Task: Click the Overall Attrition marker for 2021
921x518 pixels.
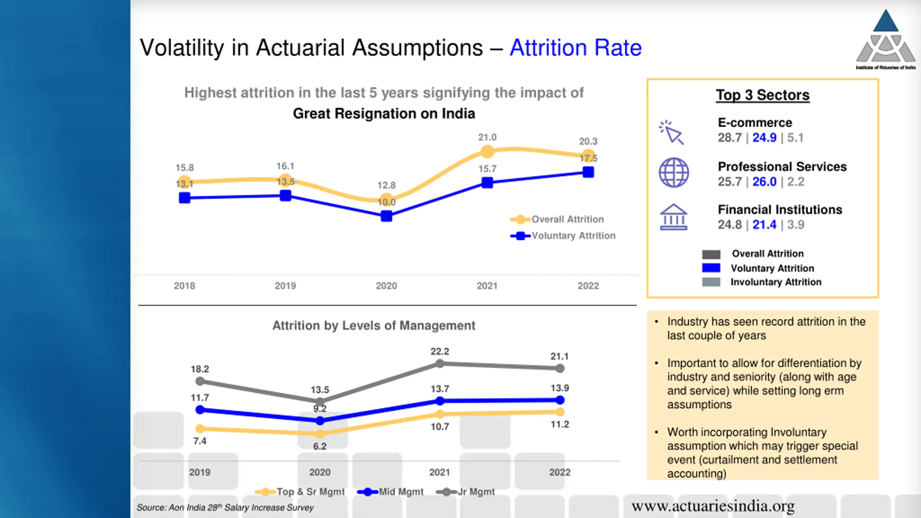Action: (x=487, y=152)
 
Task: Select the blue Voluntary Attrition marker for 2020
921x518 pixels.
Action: (x=386, y=216)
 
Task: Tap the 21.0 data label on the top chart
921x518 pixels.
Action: (x=487, y=137)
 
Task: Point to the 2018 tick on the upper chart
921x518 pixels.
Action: (x=184, y=286)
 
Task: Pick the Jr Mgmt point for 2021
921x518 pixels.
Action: (x=440, y=364)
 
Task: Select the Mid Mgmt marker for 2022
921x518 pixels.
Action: (x=560, y=400)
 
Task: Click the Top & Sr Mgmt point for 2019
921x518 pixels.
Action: (x=200, y=428)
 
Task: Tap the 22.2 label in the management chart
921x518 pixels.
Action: (x=440, y=351)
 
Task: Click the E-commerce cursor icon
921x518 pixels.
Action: (x=672, y=133)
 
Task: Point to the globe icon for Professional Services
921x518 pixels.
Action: (x=674, y=173)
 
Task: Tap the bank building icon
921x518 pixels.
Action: (x=673, y=217)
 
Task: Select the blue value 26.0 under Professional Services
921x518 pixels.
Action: (x=765, y=182)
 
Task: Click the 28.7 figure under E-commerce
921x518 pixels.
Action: (x=730, y=138)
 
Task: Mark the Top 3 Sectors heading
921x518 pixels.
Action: (x=763, y=95)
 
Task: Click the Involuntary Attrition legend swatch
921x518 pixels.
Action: (x=711, y=282)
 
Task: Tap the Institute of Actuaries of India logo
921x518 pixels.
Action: (x=886, y=40)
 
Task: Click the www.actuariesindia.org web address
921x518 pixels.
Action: (x=713, y=506)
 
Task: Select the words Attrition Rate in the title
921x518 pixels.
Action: (x=576, y=48)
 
